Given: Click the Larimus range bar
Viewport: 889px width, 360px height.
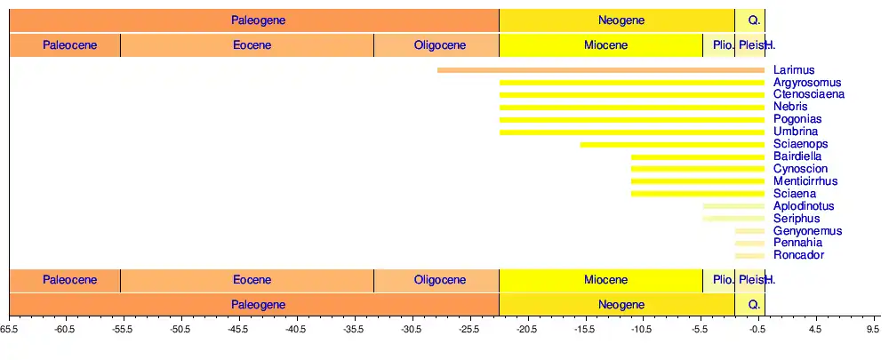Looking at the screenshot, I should pyautogui.click(x=601, y=70).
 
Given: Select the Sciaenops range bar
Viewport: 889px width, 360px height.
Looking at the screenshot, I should pyautogui.click(x=672, y=144).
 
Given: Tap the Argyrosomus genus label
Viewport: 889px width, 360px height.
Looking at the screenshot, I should pyautogui.click(x=806, y=83).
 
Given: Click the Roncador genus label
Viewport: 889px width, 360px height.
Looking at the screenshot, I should pyautogui.click(x=798, y=255).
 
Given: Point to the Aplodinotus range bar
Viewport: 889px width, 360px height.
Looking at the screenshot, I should pyautogui.click(x=733, y=206).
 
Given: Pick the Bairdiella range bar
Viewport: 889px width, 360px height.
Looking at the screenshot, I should pyautogui.click(x=698, y=156).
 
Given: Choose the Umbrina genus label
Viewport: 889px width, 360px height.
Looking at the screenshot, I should pyautogui.click(x=796, y=132).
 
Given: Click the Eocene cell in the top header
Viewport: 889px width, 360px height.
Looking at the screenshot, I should pyautogui.click(x=246, y=45).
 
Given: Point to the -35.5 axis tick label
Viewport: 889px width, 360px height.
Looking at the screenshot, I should pyautogui.click(x=354, y=329).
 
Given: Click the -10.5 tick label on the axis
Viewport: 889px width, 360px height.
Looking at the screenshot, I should pyautogui.click(x=642, y=329).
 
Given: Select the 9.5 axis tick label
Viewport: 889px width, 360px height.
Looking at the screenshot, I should pyautogui.click(x=873, y=329).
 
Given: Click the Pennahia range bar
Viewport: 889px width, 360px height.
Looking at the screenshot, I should pyautogui.click(x=749, y=243).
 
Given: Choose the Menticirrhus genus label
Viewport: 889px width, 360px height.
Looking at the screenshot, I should pyautogui.click(x=805, y=181).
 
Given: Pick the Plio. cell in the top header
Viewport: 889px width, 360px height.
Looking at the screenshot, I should pyautogui.click(x=718, y=45).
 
